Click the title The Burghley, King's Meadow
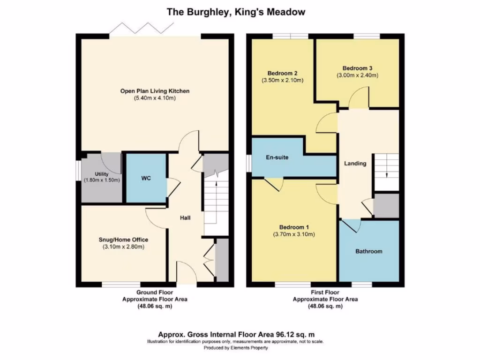coord(236,12)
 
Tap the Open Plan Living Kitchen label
coord(155,90)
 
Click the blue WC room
coord(146,179)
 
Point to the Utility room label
coord(101,174)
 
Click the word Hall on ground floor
coord(186,218)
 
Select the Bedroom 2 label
coord(282,73)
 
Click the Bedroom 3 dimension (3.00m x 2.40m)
coord(357,75)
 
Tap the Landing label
coord(355,164)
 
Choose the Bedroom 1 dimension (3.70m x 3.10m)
coord(294,234)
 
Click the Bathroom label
coord(368,251)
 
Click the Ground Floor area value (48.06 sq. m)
coord(155,306)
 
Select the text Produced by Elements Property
coord(236,348)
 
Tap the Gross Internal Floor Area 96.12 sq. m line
coord(236,334)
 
